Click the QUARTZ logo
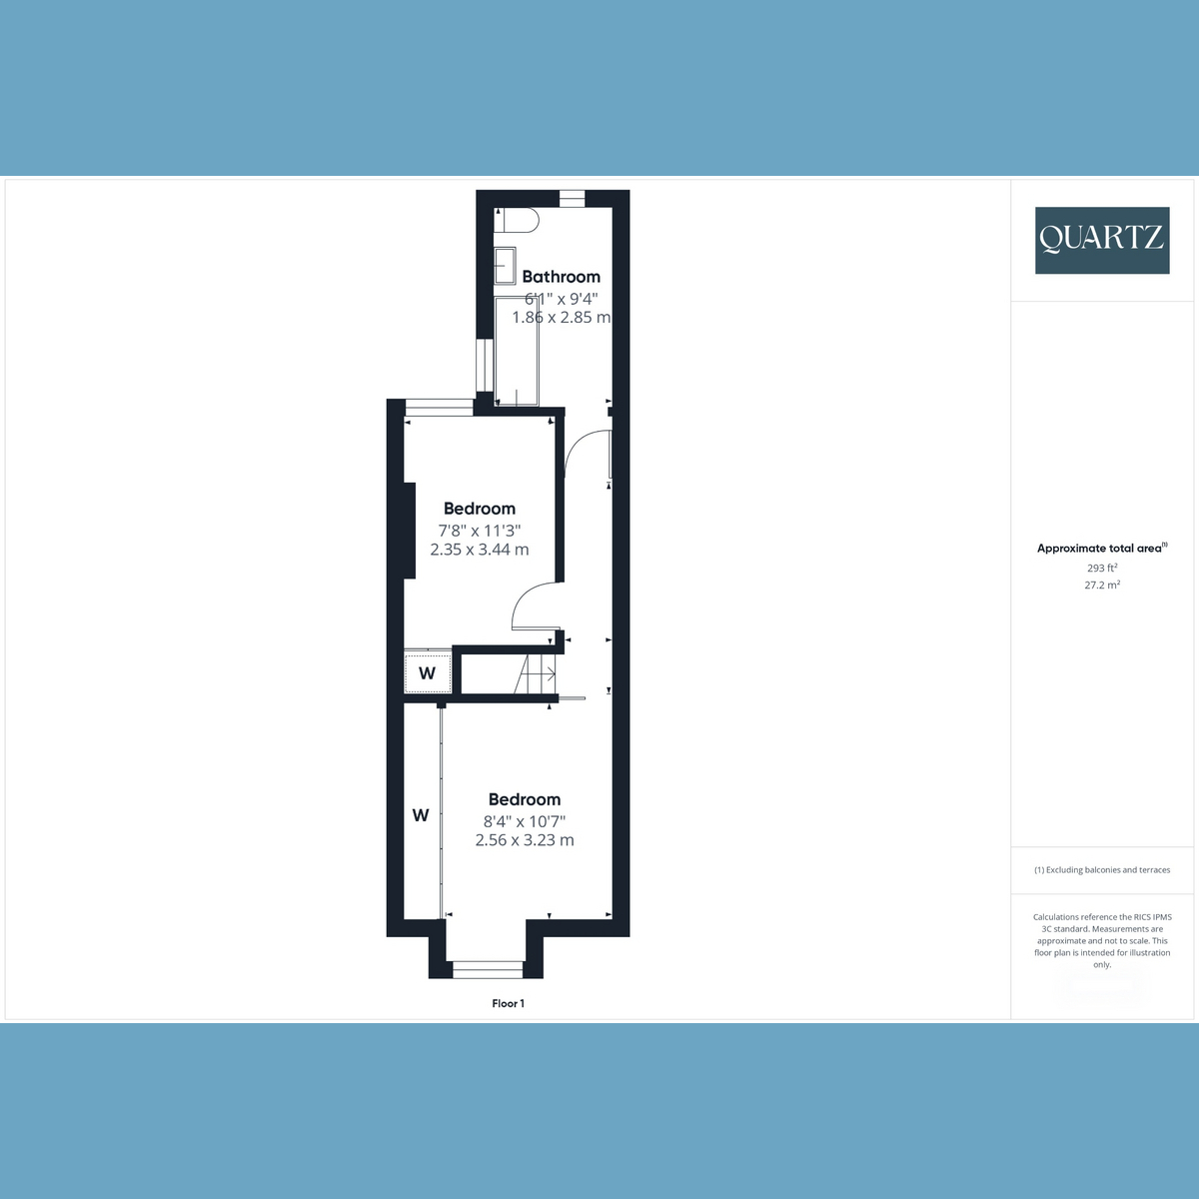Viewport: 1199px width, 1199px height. click(x=1102, y=240)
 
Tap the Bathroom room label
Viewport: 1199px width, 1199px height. click(x=561, y=276)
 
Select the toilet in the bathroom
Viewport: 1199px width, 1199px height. click(x=516, y=220)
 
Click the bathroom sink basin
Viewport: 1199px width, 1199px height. click(x=505, y=266)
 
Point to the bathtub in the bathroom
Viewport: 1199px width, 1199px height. click(x=517, y=352)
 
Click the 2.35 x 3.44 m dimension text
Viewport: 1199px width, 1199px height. click(x=480, y=550)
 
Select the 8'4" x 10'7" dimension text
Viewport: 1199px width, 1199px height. click(x=525, y=821)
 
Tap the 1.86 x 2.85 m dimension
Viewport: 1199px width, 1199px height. click(x=562, y=318)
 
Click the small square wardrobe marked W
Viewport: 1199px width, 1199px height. click(x=428, y=671)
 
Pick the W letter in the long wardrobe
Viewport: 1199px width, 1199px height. click(x=421, y=815)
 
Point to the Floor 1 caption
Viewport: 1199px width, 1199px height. click(x=508, y=1003)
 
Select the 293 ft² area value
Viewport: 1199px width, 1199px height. click(x=1102, y=568)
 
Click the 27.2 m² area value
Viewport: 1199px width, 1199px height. click(x=1102, y=585)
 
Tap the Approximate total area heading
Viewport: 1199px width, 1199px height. click(x=1102, y=548)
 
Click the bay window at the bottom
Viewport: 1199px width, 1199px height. click(x=488, y=969)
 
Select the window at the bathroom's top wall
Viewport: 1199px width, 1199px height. click(x=572, y=198)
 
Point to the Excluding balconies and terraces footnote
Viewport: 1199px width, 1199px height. click(x=1102, y=870)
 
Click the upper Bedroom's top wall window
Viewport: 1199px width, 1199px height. click(x=440, y=408)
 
